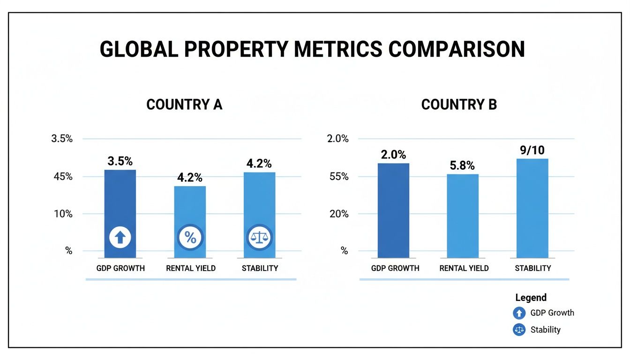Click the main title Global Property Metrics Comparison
(312, 50)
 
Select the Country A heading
(184, 105)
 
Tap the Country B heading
(459, 105)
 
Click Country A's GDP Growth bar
(120, 206)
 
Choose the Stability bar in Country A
(259, 206)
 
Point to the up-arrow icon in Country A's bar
(120, 238)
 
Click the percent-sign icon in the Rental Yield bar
(190, 238)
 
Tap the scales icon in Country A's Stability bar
(259, 238)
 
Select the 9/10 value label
(532, 150)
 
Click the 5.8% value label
(463, 166)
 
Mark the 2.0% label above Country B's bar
(393, 155)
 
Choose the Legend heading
(531, 297)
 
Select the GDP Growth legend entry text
(552, 313)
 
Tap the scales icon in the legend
(519, 330)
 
